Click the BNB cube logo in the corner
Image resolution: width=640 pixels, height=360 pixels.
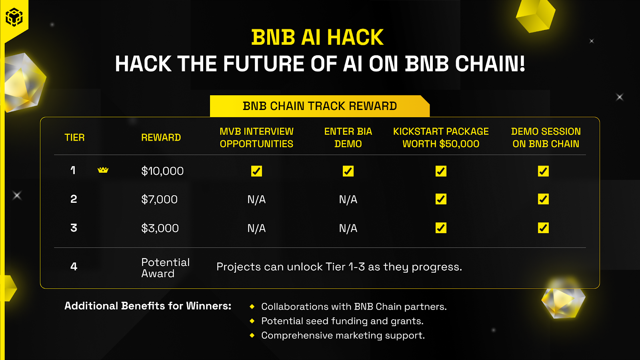tap(14, 17)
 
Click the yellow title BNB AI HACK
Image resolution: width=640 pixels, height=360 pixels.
tap(318, 38)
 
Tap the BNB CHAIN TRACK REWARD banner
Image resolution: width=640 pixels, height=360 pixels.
tap(320, 106)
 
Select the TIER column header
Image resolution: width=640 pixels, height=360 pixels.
tap(74, 138)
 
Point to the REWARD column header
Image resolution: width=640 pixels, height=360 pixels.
tap(161, 138)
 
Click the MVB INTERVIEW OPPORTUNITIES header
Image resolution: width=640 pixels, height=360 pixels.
tap(256, 138)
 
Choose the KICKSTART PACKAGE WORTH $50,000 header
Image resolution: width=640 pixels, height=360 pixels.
tap(441, 138)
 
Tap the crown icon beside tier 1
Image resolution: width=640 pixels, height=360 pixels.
tap(103, 170)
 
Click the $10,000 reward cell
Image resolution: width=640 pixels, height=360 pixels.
tap(162, 171)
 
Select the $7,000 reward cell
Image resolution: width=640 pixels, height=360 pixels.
tap(160, 199)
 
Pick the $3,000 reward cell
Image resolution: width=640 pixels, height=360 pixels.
tap(160, 228)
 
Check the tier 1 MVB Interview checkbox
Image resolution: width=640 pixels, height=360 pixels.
tap(256, 171)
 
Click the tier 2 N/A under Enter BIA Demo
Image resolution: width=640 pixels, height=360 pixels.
tap(348, 199)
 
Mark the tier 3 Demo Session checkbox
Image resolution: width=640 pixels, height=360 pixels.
tap(543, 228)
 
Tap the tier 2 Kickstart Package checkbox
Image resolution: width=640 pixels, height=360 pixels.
tap(441, 199)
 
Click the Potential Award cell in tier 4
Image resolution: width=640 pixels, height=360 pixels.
tap(165, 268)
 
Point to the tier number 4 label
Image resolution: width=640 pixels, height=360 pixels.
tap(74, 266)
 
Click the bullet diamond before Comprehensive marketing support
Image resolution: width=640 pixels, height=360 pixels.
tap(252, 335)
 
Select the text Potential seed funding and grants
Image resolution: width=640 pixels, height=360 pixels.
tap(342, 321)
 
